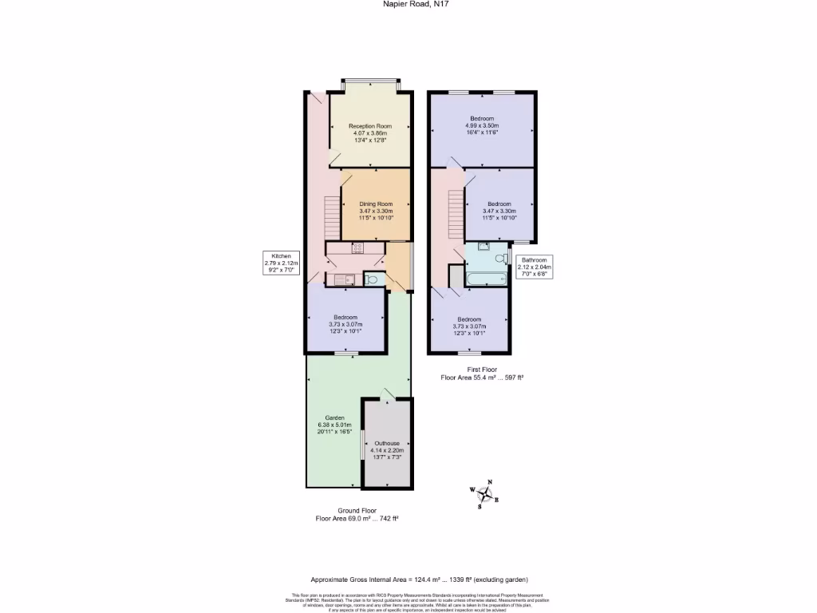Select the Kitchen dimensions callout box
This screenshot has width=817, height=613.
click(282, 263)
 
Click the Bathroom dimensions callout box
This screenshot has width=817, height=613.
click(534, 267)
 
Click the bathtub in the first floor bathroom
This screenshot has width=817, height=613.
click(487, 279)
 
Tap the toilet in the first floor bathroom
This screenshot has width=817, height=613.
click(508, 257)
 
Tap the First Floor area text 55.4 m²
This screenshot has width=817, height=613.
click(481, 377)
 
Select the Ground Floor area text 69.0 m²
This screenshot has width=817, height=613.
click(357, 518)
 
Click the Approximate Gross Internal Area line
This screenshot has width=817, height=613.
click(419, 579)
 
